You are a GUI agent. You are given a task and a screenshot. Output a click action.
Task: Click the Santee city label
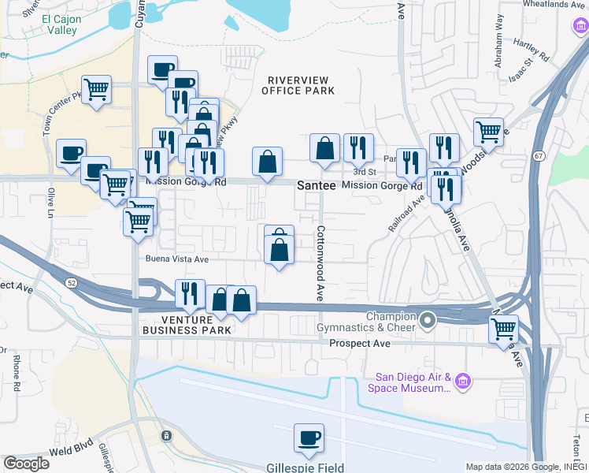pyautogui.click(x=317, y=185)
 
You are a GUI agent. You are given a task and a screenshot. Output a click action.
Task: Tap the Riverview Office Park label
pyautogui.click(x=301, y=85)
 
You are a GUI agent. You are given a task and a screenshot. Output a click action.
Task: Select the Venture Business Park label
pyautogui.click(x=187, y=325)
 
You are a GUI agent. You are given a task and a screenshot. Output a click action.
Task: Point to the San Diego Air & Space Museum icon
pyautogui.click(x=463, y=382)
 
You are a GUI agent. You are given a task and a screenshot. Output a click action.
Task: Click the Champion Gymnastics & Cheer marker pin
pyautogui.click(x=428, y=320)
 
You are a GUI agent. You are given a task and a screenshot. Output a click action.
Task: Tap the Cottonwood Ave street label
pyautogui.click(x=320, y=264)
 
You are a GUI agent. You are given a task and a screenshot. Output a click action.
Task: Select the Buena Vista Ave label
pyautogui.click(x=176, y=259)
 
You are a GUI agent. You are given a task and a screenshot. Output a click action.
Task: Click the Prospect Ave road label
pyautogui.click(x=360, y=344)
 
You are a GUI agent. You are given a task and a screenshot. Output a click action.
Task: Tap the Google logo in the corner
pyautogui.click(x=26, y=464)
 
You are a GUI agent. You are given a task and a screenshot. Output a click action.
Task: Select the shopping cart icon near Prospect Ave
pyautogui.click(x=504, y=328)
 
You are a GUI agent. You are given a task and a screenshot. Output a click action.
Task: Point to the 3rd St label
pyautogui.click(x=364, y=172)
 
